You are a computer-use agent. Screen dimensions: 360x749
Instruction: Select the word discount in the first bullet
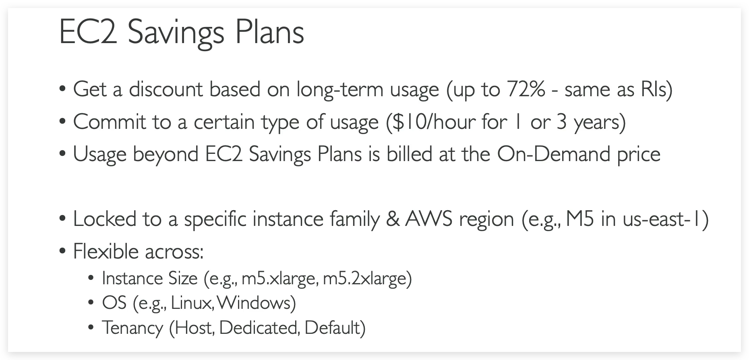coord(166,89)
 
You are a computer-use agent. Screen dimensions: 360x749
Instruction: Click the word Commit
coord(110,122)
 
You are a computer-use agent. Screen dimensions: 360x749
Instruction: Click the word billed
coord(410,154)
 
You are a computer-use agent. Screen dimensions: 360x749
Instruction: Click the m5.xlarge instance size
coord(278,279)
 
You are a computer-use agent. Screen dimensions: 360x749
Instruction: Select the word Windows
coord(255,303)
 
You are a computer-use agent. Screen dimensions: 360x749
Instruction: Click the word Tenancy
coord(132,328)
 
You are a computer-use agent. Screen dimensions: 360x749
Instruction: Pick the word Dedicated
coord(258,328)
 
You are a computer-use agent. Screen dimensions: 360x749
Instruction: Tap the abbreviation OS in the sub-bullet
coord(114,303)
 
